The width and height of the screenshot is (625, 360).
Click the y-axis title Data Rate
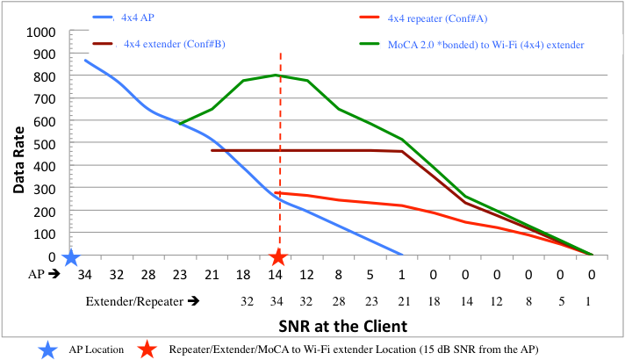tap(18, 144)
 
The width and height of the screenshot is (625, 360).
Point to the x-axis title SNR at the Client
tap(338, 325)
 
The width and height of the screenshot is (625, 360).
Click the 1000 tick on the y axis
tap(42, 32)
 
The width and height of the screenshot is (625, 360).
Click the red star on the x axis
tap(278, 256)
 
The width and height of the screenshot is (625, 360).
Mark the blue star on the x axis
tap(71, 257)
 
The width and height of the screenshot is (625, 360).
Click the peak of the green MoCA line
tap(278, 75)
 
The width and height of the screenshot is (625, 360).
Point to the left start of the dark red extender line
tap(212, 150)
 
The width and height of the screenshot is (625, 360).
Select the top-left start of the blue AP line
tap(85, 60)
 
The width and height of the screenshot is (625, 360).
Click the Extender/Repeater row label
tap(141, 300)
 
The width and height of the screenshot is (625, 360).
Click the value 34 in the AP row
tap(84, 275)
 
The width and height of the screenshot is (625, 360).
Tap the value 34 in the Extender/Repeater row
tap(278, 300)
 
